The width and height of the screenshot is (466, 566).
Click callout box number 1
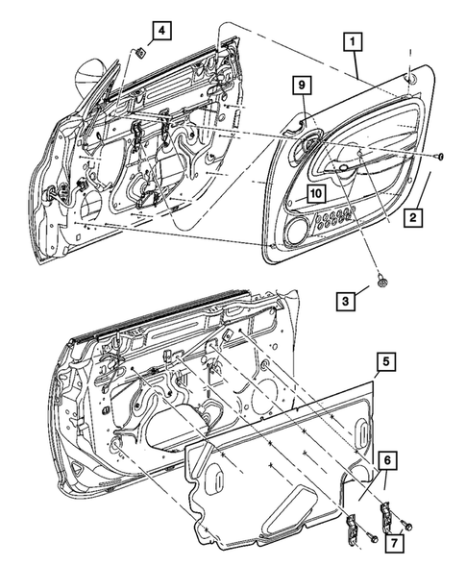pos(353,42)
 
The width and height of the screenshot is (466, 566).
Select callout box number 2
pos(412,217)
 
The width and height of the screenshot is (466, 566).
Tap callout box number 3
pos(346,301)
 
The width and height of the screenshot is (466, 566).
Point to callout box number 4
pos(161,31)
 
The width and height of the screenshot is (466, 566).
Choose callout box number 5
pos(386,361)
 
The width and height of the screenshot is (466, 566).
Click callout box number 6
pos(387,460)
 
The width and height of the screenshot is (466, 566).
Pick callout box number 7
pos(394,541)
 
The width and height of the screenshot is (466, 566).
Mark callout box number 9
pos(302,85)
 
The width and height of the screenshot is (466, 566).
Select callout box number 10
pos(316,193)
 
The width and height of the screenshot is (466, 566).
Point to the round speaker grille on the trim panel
pos(298,231)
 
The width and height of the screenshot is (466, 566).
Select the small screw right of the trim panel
pos(439,157)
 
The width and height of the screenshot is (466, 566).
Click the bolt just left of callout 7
pos(406,525)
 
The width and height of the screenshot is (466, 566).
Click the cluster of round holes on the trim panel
pos(334,217)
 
